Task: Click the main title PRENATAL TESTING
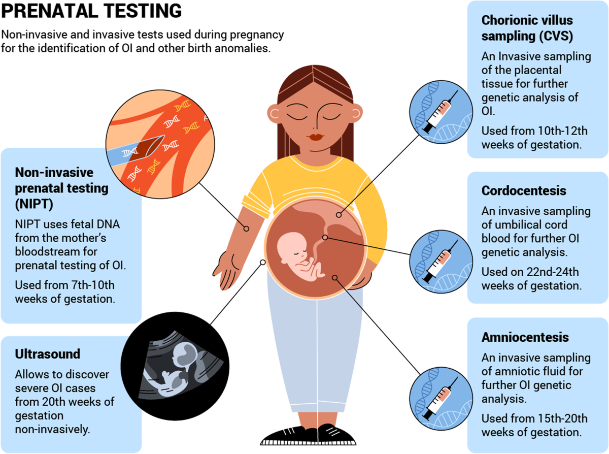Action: click(91, 11)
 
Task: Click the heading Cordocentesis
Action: click(524, 191)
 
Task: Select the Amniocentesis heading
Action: click(525, 337)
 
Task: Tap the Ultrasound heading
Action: click(48, 353)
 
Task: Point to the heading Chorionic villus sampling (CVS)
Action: click(527, 29)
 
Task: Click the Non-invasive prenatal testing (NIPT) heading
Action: click(61, 187)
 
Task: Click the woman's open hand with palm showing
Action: click(228, 264)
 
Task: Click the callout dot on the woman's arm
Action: click(246, 229)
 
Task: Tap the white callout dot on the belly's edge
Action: click(263, 262)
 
